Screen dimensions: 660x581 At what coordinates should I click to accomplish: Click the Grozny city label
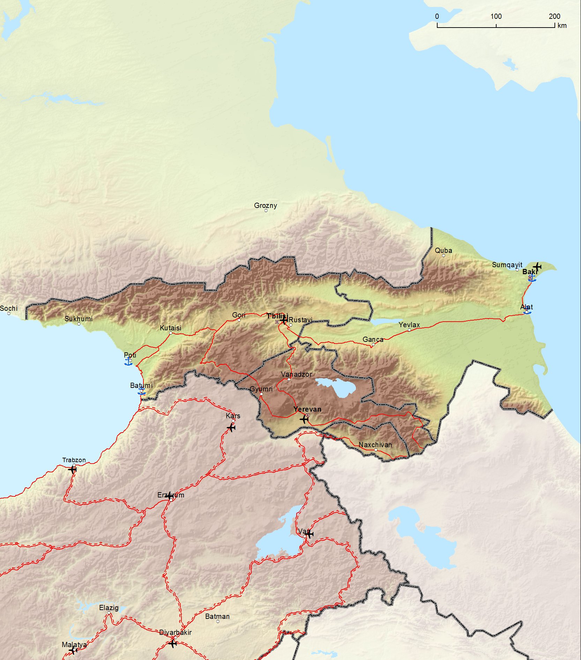[x=265, y=205]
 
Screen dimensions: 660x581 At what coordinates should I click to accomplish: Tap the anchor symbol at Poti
[x=128, y=362]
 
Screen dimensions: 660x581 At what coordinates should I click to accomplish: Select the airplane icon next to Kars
[x=231, y=427]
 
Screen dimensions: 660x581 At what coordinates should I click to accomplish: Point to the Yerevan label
[x=307, y=409]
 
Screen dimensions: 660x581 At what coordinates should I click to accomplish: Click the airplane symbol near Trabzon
[x=72, y=469]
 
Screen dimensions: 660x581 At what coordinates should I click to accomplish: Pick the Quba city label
[x=443, y=250]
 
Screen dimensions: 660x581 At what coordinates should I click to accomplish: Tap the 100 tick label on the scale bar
[x=496, y=16]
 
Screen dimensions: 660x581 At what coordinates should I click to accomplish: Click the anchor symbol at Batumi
[x=141, y=392]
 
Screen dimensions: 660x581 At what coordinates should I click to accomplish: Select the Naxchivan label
[x=375, y=445]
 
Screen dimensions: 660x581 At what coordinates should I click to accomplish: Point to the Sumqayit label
[x=507, y=265]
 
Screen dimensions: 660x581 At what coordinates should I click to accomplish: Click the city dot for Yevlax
[x=409, y=330]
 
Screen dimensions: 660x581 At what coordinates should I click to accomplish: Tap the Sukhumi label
[x=79, y=319]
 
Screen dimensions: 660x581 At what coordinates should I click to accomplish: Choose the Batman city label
[x=217, y=616]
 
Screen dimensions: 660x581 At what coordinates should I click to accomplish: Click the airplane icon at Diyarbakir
[x=173, y=643]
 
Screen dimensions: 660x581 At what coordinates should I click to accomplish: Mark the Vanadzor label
[x=296, y=374]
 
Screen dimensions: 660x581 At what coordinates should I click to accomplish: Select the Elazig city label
[x=109, y=608]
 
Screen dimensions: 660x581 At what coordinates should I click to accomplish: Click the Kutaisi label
[x=170, y=328]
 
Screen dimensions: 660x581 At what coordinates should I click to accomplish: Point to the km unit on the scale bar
[x=562, y=25]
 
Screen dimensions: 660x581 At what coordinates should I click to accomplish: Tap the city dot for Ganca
[x=373, y=345]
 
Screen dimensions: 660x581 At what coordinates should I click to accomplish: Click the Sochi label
[x=9, y=308]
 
